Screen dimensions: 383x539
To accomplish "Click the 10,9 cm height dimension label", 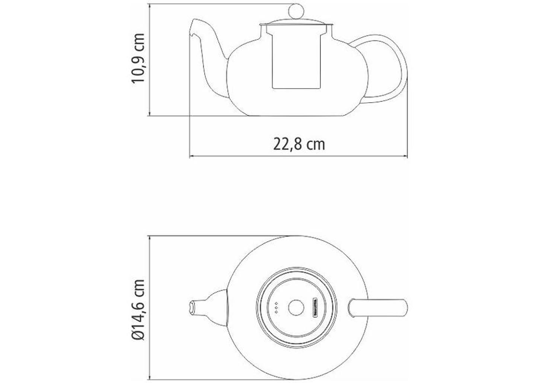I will pyautogui.click(x=138, y=58).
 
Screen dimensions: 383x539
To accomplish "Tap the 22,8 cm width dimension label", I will pyautogui.click(x=299, y=144).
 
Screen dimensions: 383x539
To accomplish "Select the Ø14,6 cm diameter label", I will pyautogui.click(x=138, y=310).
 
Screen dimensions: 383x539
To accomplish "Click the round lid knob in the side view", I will pyautogui.click(x=296, y=10).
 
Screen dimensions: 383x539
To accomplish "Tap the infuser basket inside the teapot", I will pyautogui.click(x=296, y=59).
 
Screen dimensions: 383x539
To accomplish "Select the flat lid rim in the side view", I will pyautogui.click(x=296, y=25).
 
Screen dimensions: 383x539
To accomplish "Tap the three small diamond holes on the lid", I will pyautogui.click(x=276, y=308).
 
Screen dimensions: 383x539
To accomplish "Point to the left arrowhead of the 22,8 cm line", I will pyautogui.click(x=191, y=157).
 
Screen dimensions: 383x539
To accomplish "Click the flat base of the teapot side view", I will pyautogui.click(x=296, y=115).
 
